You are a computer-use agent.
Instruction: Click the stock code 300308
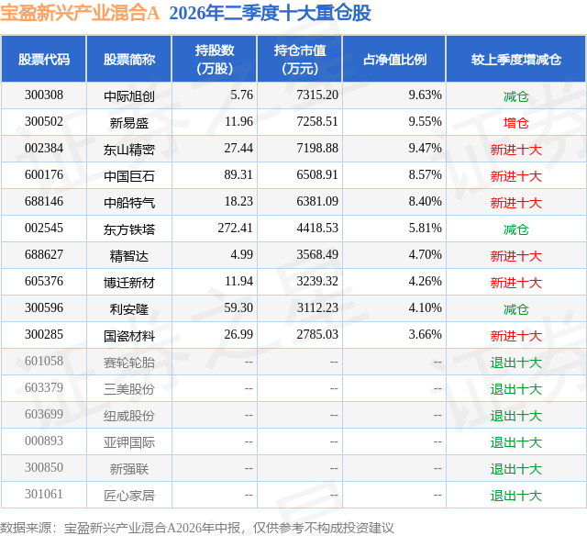[44, 95]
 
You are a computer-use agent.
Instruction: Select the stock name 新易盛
[128, 123]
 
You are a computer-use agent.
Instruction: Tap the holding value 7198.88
[317, 149]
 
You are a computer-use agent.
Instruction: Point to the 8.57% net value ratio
[425, 175]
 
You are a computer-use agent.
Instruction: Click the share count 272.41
[235, 229]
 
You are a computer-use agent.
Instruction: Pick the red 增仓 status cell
[515, 123]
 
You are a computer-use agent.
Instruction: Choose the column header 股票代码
[44, 59]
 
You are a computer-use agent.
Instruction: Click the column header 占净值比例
[394, 59]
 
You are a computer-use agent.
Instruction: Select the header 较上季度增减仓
[515, 59]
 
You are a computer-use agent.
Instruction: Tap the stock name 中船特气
[128, 203]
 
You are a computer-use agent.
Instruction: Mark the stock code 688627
[44, 255]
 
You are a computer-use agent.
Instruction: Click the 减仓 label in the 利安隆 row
[515, 309]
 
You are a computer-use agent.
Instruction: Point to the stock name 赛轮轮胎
[128, 363]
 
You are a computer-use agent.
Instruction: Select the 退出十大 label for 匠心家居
[515, 496]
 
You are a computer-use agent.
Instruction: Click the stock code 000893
[44, 441]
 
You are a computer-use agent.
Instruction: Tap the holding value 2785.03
[317, 334]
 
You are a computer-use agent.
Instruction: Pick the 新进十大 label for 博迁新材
[515, 283]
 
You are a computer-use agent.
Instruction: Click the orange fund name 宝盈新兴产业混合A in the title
[80, 13]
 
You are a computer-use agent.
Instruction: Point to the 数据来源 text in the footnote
[26, 528]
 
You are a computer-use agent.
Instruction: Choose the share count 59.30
[238, 307]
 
